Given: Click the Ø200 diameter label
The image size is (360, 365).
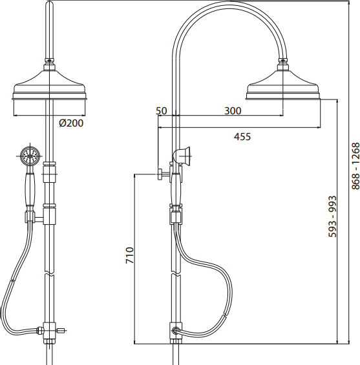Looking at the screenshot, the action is click(x=71, y=123).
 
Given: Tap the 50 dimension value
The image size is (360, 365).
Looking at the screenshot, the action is click(x=162, y=110).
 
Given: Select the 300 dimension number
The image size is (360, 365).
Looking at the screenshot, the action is click(x=233, y=110).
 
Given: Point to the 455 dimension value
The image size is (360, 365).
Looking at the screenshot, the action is click(x=242, y=136).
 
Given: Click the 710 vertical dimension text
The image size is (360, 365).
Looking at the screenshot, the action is click(x=130, y=255).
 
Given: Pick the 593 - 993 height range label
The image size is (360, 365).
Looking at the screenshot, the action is click(x=332, y=216).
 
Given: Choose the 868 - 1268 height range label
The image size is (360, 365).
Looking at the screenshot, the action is click(x=355, y=166).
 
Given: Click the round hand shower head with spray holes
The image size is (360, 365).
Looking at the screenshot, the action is click(x=30, y=156).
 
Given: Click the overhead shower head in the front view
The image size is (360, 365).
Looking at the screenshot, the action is click(x=50, y=85).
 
